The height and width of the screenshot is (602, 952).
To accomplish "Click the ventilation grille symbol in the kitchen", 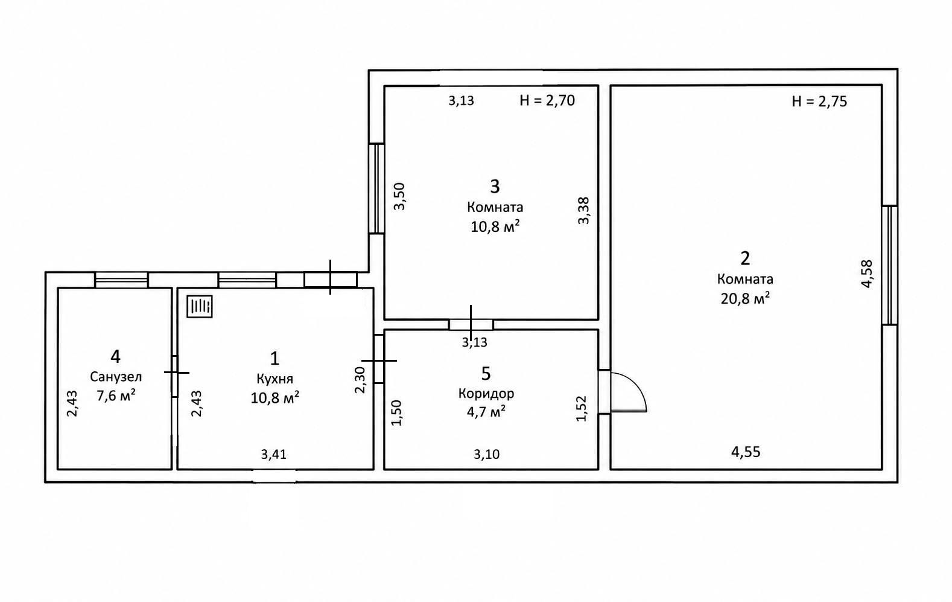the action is point(199,306).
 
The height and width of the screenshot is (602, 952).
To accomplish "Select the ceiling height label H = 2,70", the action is point(547,100).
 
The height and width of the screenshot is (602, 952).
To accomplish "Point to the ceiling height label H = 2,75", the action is point(819,101).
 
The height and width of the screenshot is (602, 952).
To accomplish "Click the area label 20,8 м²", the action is point(745,298).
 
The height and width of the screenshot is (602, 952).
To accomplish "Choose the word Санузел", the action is point(116,377).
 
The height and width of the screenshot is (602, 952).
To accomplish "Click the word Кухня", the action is point(274,378).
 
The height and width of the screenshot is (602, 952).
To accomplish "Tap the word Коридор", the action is point(486,394).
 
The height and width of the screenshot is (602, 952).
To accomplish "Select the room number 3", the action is point(495,187).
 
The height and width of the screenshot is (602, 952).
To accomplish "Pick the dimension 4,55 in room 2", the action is point(746,452).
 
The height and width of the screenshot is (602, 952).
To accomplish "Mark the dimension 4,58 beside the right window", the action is point(866,274).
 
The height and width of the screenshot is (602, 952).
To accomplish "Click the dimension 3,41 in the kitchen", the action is point(273,455).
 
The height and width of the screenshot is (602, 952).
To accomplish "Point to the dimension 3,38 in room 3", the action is point(583,210).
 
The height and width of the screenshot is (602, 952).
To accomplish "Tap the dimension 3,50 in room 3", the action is point(399,196).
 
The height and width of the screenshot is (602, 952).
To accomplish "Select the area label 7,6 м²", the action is point(116,395).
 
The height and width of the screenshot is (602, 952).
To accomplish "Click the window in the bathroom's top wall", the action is point(121,280).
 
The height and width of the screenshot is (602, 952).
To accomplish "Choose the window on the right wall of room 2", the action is point(889,266).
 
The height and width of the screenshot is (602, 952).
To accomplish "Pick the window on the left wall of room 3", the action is point(376,188).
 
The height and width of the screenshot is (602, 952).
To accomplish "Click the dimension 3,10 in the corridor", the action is point(487,455).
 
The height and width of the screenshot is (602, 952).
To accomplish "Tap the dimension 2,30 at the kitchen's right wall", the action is point(360,380).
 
